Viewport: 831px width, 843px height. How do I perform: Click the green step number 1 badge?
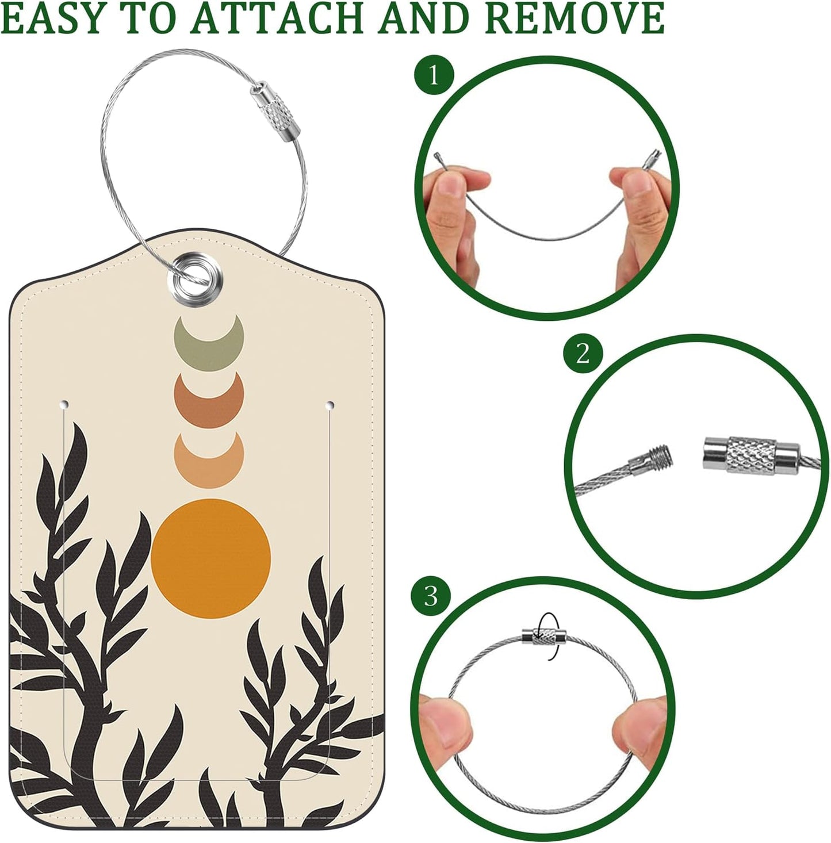(x=434, y=75)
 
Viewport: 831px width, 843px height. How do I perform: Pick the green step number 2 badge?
(x=583, y=353)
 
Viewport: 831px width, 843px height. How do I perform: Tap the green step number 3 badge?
(x=431, y=596)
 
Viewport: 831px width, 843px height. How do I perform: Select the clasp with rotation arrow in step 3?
(x=544, y=636)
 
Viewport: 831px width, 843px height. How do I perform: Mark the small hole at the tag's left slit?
(x=65, y=404)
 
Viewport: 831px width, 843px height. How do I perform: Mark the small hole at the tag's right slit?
(x=330, y=406)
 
